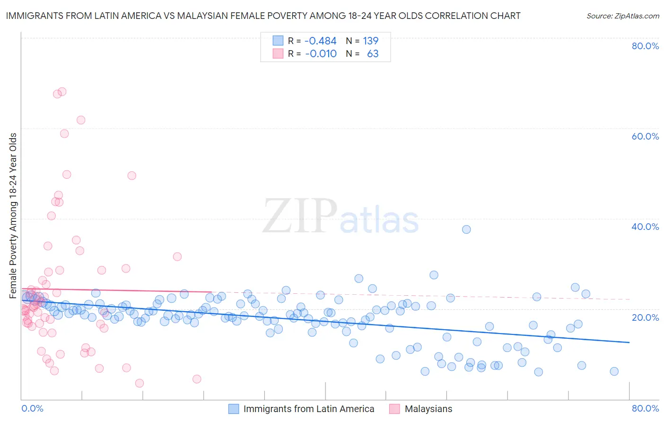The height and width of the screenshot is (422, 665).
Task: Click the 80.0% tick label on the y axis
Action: coord(645,46)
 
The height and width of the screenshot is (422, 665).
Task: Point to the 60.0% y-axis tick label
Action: coord(645,136)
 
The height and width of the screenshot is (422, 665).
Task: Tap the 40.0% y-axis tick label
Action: coord(645,227)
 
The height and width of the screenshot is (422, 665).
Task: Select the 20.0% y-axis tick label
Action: coord(645,317)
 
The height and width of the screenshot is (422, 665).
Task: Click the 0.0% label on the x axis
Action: coord(32,408)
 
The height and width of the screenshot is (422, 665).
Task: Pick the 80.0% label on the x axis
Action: coord(645,408)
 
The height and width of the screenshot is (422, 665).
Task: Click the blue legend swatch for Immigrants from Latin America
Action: coord(234,409)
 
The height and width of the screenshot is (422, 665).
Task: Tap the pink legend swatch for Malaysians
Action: coord(395,409)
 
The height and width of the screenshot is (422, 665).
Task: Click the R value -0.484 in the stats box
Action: coord(320,41)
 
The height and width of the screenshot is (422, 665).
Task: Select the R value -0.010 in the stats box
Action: coord(320,54)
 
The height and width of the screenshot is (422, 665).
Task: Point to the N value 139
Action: coord(370,41)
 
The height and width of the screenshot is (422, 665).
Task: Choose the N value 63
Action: coord(373,54)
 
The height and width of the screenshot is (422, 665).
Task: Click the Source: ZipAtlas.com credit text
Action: coord(622,16)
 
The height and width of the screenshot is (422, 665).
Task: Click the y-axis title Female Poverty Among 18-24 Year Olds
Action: coord(13,216)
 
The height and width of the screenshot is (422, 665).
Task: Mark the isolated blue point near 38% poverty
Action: coord(466,229)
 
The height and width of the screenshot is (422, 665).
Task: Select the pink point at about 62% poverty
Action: coord(81,120)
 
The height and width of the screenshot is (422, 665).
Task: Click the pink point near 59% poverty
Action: coord(64,134)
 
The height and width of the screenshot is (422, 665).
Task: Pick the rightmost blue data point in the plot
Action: coord(614,371)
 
